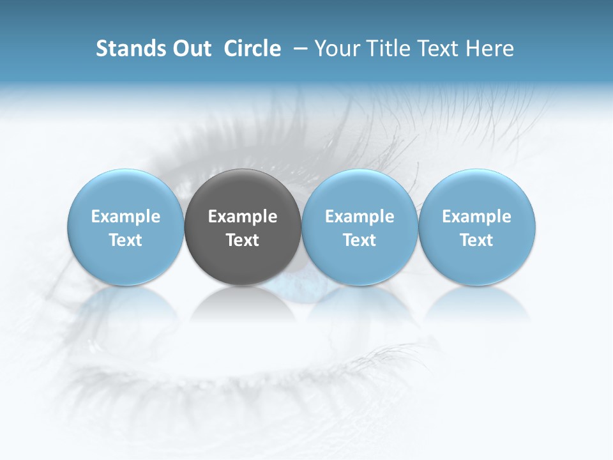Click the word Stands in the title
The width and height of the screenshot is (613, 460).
(x=130, y=49)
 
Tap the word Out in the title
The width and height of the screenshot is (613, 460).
(x=190, y=49)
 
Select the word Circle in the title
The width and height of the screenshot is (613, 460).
(x=252, y=49)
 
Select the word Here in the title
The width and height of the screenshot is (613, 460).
(x=491, y=49)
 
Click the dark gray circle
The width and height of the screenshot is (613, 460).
(x=243, y=227)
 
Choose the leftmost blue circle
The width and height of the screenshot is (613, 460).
(x=126, y=227)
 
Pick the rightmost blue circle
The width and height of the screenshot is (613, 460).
(x=477, y=227)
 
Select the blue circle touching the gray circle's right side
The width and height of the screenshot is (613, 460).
(x=359, y=227)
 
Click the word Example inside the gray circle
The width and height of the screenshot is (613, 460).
(x=243, y=217)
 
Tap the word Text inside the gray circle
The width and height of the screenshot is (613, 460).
(x=243, y=240)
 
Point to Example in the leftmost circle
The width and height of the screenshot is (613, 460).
(x=126, y=217)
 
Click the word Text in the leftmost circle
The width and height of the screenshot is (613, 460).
(x=126, y=240)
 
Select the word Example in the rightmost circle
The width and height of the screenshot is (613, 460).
(x=477, y=217)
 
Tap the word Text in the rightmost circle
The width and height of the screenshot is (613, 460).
(x=477, y=240)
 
